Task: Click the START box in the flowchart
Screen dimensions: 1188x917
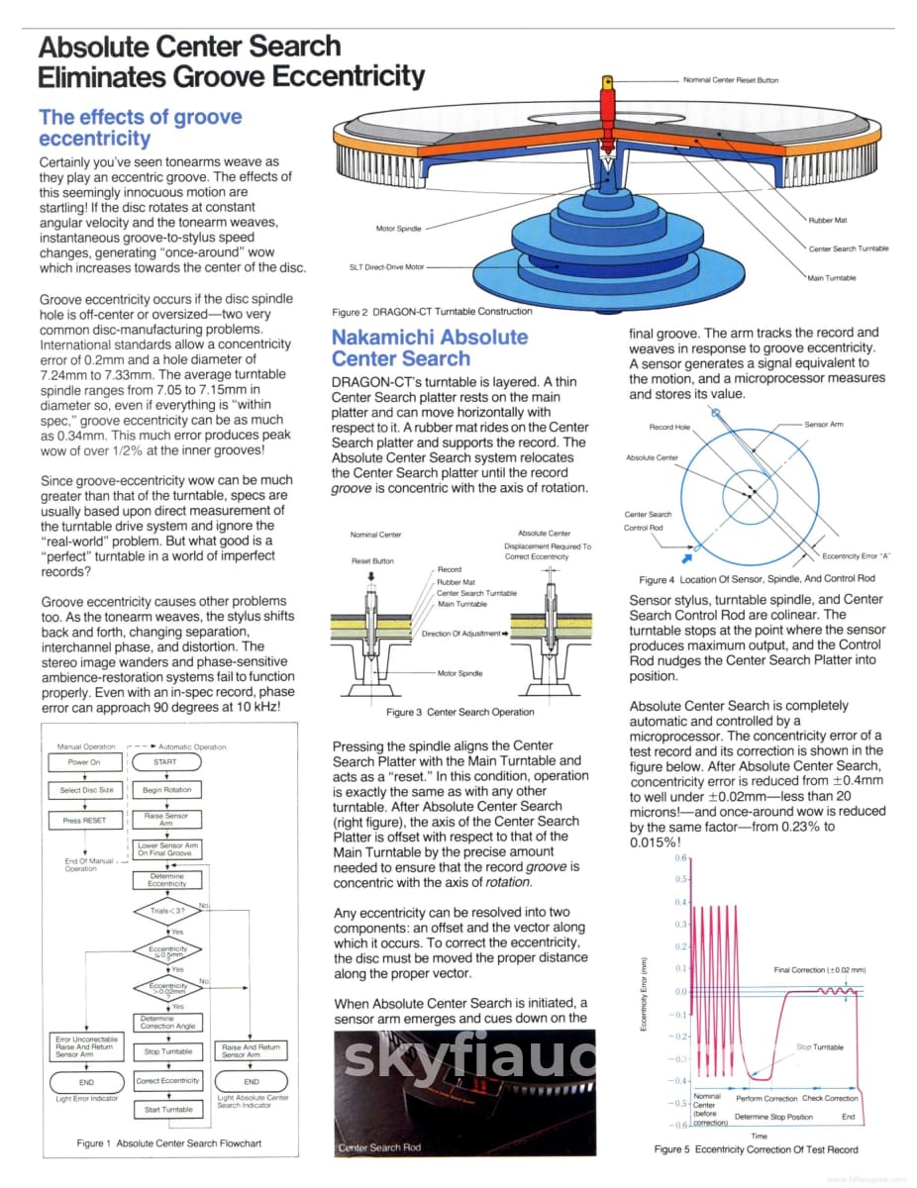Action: coord(165,762)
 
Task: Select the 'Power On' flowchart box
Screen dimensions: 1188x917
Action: coord(84,762)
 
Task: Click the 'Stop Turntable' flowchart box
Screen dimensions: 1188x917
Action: coord(166,1051)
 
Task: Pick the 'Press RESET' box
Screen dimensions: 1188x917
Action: coord(84,820)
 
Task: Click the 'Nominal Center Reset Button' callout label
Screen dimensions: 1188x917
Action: coord(731,80)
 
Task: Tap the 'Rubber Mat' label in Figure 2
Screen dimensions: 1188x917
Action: coord(827,220)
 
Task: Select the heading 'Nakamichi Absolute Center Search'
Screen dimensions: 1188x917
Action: coord(430,347)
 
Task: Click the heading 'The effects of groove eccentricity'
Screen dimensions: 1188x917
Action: coord(140,128)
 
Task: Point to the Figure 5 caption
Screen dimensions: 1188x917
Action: coord(756,1149)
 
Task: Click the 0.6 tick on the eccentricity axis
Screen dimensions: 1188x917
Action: coord(680,857)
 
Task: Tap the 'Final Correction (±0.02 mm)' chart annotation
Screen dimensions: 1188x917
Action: coord(819,969)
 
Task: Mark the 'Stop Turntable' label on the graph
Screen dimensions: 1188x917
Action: coord(820,1046)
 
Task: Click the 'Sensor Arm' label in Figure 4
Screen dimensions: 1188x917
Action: coord(824,424)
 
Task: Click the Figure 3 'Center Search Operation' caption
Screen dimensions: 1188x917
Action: coord(459,712)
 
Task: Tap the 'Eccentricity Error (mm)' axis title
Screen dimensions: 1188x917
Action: coord(645,994)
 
